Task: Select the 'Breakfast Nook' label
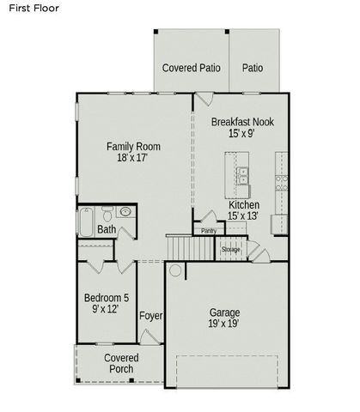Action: [x=242, y=122]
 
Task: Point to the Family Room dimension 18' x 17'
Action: [x=132, y=158]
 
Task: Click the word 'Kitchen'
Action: [x=244, y=205]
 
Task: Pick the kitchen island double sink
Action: [x=243, y=178]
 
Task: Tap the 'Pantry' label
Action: [x=209, y=230]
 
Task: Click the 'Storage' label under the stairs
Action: [x=231, y=249]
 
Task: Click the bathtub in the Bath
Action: [x=87, y=222]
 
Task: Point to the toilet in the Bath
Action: [x=107, y=212]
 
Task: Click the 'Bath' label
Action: [x=107, y=229]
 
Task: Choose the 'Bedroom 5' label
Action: [x=106, y=298]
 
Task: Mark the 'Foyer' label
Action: [x=151, y=316]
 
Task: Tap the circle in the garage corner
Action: [x=174, y=270]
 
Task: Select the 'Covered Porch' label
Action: [x=121, y=363]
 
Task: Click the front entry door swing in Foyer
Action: [x=148, y=336]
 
